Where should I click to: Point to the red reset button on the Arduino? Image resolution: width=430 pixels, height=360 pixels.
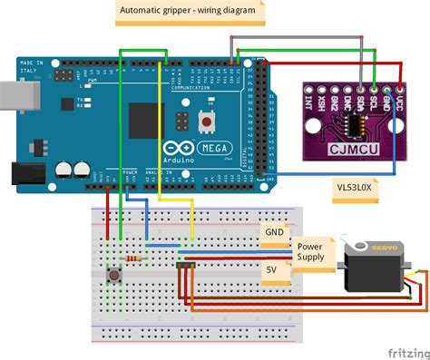point(208,120)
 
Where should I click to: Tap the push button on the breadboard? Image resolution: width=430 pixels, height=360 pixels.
point(115,275)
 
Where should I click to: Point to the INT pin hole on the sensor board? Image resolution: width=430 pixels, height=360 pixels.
point(310,92)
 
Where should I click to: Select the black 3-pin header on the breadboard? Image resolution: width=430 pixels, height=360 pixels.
point(187,266)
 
